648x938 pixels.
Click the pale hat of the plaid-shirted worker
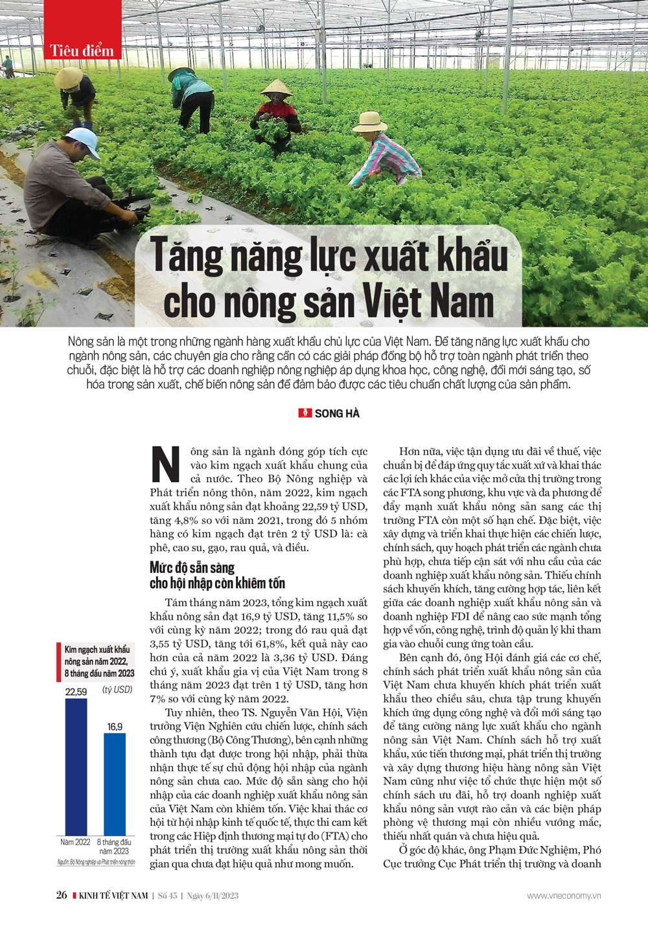pyautogui.click(x=369, y=121)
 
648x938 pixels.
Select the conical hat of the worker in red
pyautogui.click(x=277, y=88)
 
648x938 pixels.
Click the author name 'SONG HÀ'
pyautogui.click(x=337, y=414)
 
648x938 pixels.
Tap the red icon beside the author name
pyautogui.click(x=305, y=413)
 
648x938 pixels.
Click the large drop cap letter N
pyautogui.click(x=166, y=464)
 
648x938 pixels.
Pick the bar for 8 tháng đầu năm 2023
pyautogui.click(x=115, y=784)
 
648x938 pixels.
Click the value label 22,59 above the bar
pyautogui.click(x=76, y=692)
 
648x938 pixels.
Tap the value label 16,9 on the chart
pyautogui.click(x=115, y=727)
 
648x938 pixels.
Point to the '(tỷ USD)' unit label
pyautogui.click(x=117, y=690)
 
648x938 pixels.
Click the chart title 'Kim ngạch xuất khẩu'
pyautogui.click(x=97, y=650)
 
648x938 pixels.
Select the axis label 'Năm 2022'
pyautogui.click(x=75, y=842)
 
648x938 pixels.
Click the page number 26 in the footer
pyautogui.click(x=62, y=895)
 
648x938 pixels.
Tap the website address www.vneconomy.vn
pyautogui.click(x=564, y=895)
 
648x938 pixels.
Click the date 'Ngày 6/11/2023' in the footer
pyautogui.click(x=213, y=895)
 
